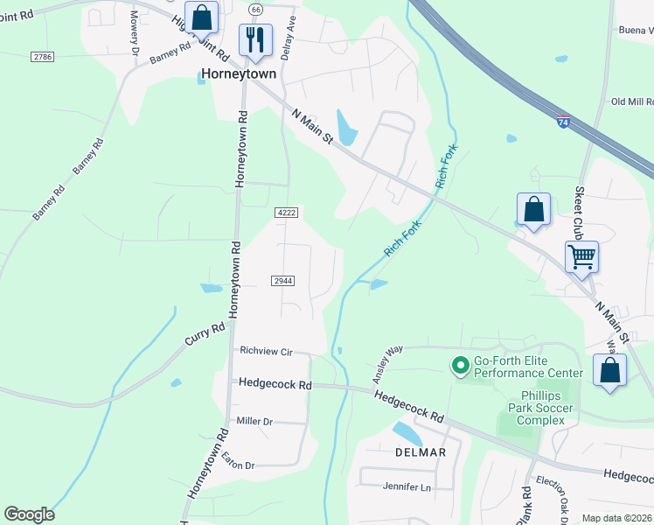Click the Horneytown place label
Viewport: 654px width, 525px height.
239,73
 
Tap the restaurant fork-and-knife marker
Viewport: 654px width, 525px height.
255,39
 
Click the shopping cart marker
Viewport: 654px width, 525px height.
581,257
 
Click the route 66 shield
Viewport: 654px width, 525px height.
255,9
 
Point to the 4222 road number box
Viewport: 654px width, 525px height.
286,213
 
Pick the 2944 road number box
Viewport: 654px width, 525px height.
282,280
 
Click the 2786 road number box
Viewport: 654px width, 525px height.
41,56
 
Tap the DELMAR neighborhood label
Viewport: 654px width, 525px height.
421,452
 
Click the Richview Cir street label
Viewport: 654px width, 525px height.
266,351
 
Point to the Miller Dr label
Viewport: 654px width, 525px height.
254,421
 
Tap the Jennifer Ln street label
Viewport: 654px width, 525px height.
407,486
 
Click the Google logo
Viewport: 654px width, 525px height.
29,514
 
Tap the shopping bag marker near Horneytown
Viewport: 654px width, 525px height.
201,17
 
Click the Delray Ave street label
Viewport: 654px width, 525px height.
291,33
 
